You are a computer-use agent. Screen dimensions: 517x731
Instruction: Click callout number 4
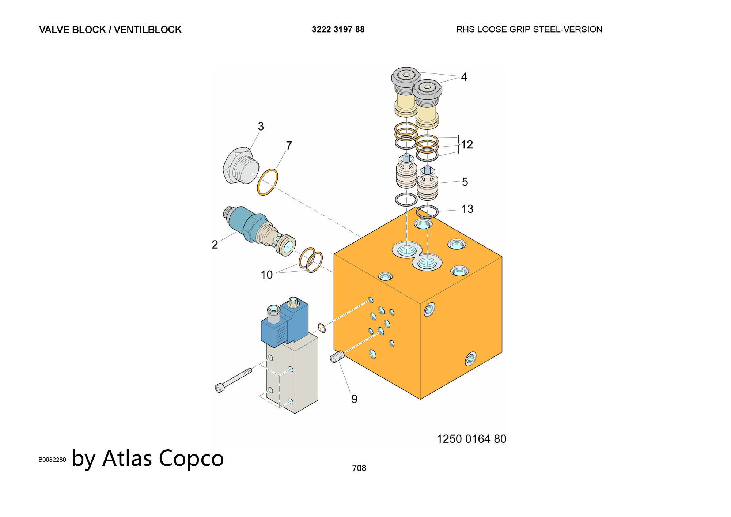pos(464,77)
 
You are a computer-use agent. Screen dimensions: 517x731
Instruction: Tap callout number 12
pos(467,145)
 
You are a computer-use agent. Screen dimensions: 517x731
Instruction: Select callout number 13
pos(467,209)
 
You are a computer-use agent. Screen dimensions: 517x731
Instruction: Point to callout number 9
pos(354,399)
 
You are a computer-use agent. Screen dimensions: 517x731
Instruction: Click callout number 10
pos(266,275)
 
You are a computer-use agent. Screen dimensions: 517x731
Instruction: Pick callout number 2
pos(215,244)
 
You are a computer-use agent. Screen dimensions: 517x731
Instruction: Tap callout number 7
pos(289,146)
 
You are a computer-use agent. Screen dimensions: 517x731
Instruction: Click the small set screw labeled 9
pos(337,357)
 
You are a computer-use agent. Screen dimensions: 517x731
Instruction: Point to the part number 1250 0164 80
pos(471,439)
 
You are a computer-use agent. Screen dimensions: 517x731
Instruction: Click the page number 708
pos(359,468)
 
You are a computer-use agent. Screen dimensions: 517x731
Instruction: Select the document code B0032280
pos(52,460)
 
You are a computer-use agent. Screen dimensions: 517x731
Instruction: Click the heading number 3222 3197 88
pos(338,29)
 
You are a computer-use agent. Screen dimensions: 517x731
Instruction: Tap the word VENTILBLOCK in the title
pos(148,30)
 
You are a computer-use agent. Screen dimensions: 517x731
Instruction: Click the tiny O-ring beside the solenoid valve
pos(322,328)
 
